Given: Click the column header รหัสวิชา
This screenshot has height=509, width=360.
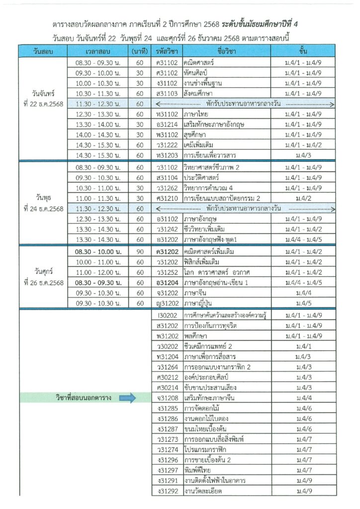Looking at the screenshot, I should click(167, 52).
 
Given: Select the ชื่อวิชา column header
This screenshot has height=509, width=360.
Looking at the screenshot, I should click(227, 52).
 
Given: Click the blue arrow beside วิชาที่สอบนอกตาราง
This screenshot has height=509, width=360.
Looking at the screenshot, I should click(127, 398).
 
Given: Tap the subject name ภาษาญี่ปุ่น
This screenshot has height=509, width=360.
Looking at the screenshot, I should click(199, 303).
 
